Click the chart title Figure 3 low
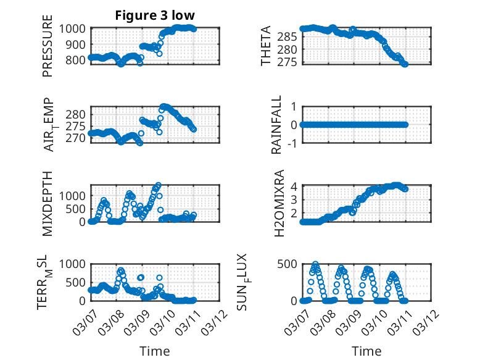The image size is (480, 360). click(155, 15)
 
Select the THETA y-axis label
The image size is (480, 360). click(266, 46)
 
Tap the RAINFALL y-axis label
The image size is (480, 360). click(277, 125)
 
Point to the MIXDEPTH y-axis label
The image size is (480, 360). click(48, 204)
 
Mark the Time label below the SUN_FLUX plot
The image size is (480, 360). click(366, 351)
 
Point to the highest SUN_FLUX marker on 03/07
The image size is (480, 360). click(315, 264)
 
